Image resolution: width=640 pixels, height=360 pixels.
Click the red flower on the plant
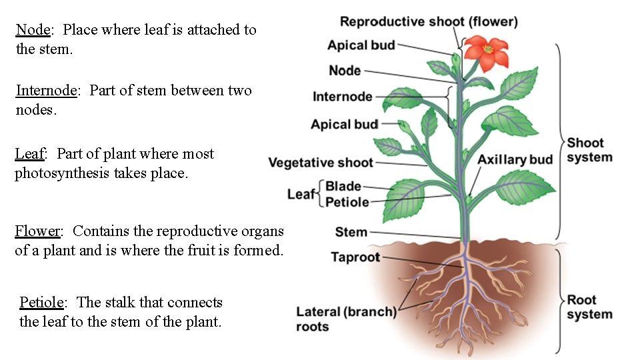[486, 53]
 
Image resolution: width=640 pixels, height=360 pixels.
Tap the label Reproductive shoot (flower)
[429, 21]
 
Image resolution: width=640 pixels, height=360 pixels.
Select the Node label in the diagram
[345, 71]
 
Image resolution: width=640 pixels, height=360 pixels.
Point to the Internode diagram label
[343, 97]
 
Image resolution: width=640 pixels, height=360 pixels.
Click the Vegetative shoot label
[321, 163]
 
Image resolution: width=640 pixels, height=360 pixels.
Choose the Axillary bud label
[515, 159]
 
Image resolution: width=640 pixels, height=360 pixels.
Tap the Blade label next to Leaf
[343, 186]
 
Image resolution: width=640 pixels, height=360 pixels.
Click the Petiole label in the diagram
[347, 201]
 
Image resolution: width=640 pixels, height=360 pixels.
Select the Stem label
[351, 232]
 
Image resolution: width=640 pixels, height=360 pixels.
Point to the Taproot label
[355, 257]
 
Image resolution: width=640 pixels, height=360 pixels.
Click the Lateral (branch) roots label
[346, 319]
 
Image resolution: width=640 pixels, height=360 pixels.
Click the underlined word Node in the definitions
[33, 30]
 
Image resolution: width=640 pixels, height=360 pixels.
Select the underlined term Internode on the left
[47, 91]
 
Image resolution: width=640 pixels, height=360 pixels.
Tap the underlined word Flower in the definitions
[37, 231]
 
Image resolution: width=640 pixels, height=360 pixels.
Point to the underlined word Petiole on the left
[41, 303]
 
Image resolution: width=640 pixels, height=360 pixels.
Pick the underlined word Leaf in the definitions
[29, 154]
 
